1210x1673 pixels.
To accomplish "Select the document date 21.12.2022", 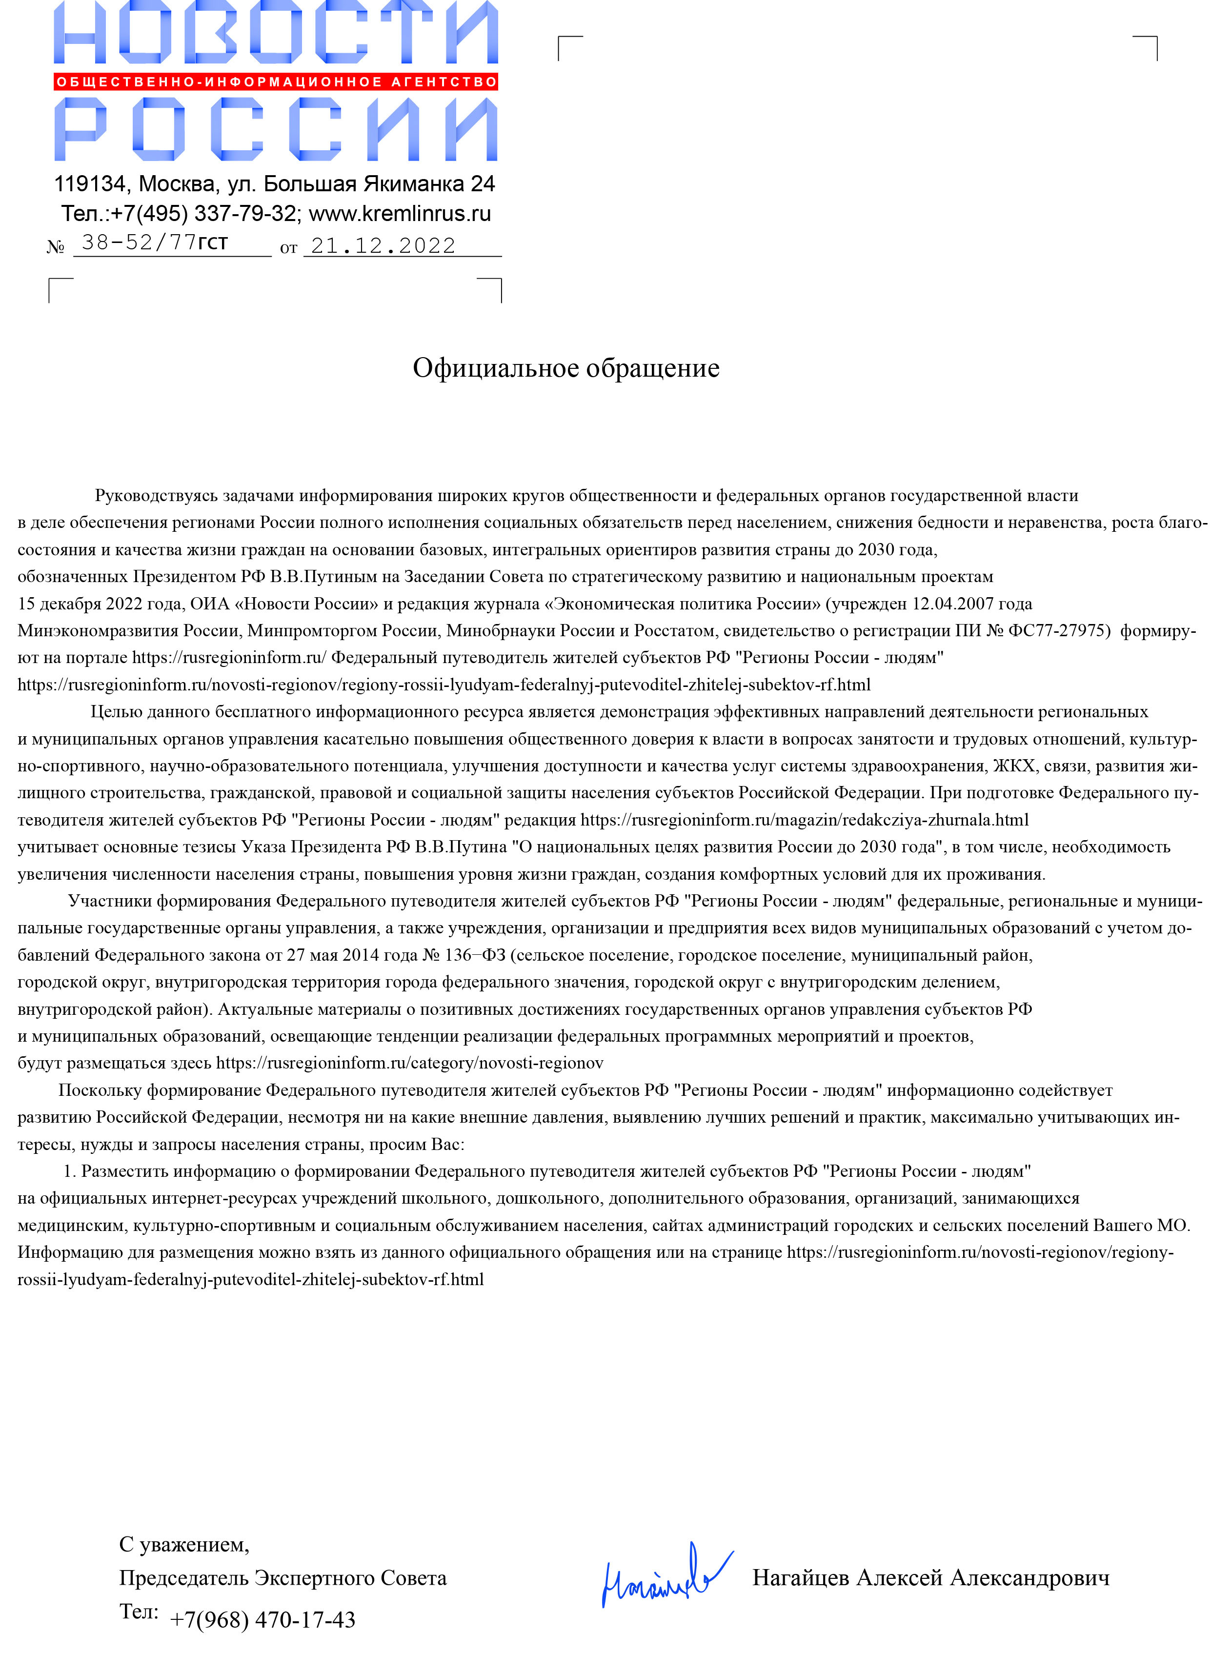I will tap(383, 245).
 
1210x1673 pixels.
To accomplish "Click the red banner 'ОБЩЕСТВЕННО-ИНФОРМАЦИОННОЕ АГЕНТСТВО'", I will tap(276, 82).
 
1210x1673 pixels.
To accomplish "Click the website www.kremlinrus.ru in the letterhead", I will tap(399, 214).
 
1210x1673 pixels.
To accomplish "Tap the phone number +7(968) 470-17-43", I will tap(262, 1620).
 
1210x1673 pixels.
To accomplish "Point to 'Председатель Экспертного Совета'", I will tap(282, 1578).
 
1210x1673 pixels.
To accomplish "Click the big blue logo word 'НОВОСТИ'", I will tap(276, 33).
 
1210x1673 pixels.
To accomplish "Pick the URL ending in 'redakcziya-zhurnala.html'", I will tap(804, 820).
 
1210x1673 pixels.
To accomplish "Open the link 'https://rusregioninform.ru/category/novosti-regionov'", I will tap(409, 1063).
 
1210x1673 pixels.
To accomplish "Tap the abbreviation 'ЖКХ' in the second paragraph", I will tap(1014, 766).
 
